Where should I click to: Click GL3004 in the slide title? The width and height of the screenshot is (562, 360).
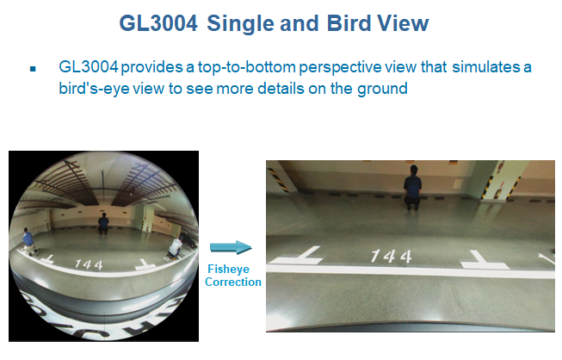click(158, 23)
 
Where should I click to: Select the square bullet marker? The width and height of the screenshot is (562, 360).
click(33, 69)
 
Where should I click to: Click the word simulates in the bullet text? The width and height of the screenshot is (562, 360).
click(485, 67)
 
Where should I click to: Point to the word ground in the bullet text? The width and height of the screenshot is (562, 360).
click(382, 89)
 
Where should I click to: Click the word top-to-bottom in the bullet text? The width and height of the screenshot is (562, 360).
click(247, 68)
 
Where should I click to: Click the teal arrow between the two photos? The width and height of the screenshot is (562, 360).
click(231, 247)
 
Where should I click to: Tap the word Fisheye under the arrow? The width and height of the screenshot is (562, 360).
click(228, 269)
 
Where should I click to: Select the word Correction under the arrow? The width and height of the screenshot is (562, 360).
click(233, 282)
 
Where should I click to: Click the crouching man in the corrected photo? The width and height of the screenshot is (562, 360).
click(412, 188)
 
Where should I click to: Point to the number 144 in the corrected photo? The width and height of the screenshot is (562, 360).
click(391, 256)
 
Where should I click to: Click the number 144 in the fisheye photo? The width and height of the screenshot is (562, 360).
click(89, 264)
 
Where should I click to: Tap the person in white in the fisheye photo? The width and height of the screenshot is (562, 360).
click(175, 247)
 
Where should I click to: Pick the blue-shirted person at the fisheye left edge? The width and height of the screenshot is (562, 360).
click(28, 241)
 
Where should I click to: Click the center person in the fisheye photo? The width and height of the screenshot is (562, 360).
click(103, 223)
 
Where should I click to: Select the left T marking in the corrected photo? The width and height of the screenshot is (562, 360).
click(296, 255)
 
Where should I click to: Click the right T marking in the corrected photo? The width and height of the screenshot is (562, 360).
click(484, 259)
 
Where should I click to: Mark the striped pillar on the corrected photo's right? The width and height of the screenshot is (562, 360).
click(506, 181)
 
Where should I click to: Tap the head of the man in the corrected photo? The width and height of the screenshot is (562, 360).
click(414, 170)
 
